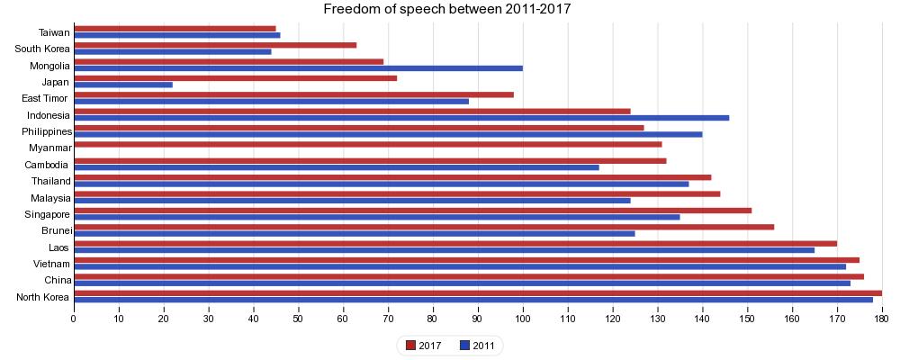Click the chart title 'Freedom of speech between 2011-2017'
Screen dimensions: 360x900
pyautogui.click(x=447, y=10)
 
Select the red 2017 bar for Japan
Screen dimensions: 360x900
pyautogui.click(x=235, y=78)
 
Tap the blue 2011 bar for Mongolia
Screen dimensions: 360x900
pyautogui.click(x=298, y=68)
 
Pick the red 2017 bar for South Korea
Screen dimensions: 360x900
pyautogui.click(x=215, y=45)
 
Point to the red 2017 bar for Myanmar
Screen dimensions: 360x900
pyautogui.click(x=367, y=144)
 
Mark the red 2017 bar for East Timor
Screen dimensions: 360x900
pyautogui.click(x=293, y=94)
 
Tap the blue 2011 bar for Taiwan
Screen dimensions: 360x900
pyautogui.click(x=177, y=35)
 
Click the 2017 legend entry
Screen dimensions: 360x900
pyautogui.click(x=423, y=346)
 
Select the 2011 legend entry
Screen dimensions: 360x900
pyautogui.click(x=476, y=346)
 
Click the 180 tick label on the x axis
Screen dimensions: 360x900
pyautogui.click(x=882, y=316)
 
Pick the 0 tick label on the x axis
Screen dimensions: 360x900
pyautogui.click(x=74, y=316)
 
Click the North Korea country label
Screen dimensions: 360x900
pyautogui.click(x=43, y=298)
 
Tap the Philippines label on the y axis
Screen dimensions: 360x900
pyautogui.click(x=47, y=131)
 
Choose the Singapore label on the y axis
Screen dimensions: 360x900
pyautogui.click(x=47, y=214)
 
